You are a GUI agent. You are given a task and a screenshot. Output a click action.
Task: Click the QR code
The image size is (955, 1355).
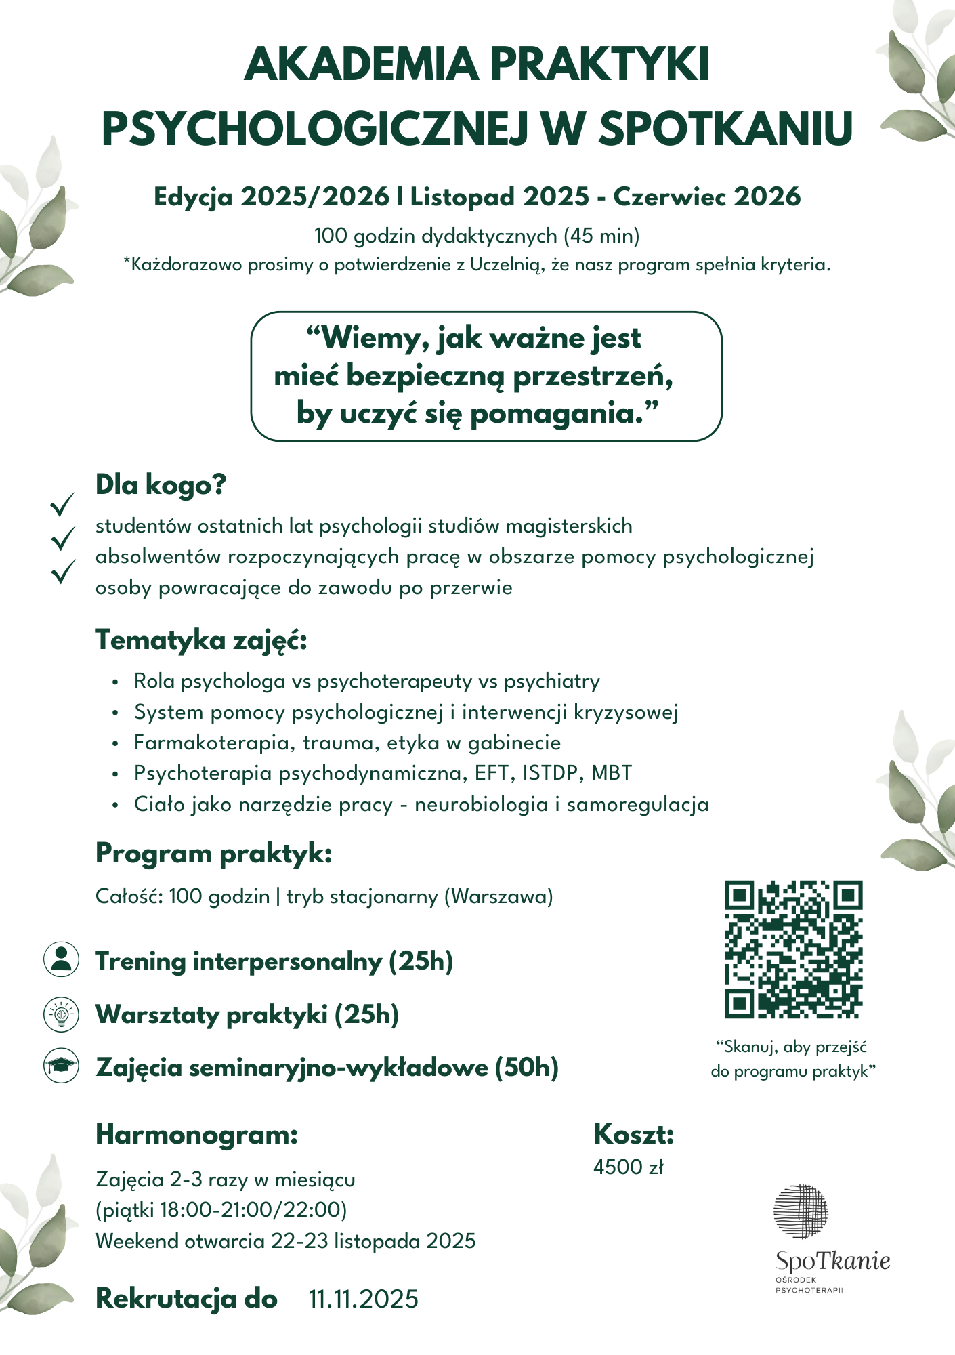[x=793, y=948]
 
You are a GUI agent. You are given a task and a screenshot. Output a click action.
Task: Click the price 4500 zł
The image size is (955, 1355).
[x=629, y=1167]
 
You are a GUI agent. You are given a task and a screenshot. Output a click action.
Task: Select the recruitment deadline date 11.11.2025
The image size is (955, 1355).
[x=364, y=1299]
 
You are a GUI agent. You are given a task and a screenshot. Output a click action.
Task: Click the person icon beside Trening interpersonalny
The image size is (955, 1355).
[x=61, y=959]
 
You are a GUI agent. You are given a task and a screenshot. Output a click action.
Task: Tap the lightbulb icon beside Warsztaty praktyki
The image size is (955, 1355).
[x=61, y=1014]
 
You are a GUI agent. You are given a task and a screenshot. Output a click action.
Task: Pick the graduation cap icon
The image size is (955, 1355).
[x=61, y=1066]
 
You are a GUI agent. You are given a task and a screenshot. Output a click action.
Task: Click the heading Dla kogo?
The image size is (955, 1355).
[x=161, y=485]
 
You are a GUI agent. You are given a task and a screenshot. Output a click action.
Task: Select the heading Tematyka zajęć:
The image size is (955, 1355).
[x=201, y=640]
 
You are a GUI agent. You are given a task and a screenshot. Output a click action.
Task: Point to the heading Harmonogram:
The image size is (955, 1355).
[x=196, y=1133]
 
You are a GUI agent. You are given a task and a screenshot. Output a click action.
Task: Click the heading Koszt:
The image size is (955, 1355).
[x=633, y=1133]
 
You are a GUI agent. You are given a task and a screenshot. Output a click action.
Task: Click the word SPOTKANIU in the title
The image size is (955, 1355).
[x=725, y=128]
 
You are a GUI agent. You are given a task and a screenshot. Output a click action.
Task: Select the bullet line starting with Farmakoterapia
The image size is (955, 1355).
[x=347, y=743]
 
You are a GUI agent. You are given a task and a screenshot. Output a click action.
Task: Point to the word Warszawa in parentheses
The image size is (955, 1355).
[x=498, y=896]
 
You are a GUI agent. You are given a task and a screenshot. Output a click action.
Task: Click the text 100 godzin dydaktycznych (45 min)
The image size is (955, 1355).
[x=477, y=236]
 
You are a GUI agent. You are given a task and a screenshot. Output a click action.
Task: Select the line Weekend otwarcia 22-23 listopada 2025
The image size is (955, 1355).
[x=285, y=1241]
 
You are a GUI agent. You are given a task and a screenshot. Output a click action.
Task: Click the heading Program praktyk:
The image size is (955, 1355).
[x=213, y=854]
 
